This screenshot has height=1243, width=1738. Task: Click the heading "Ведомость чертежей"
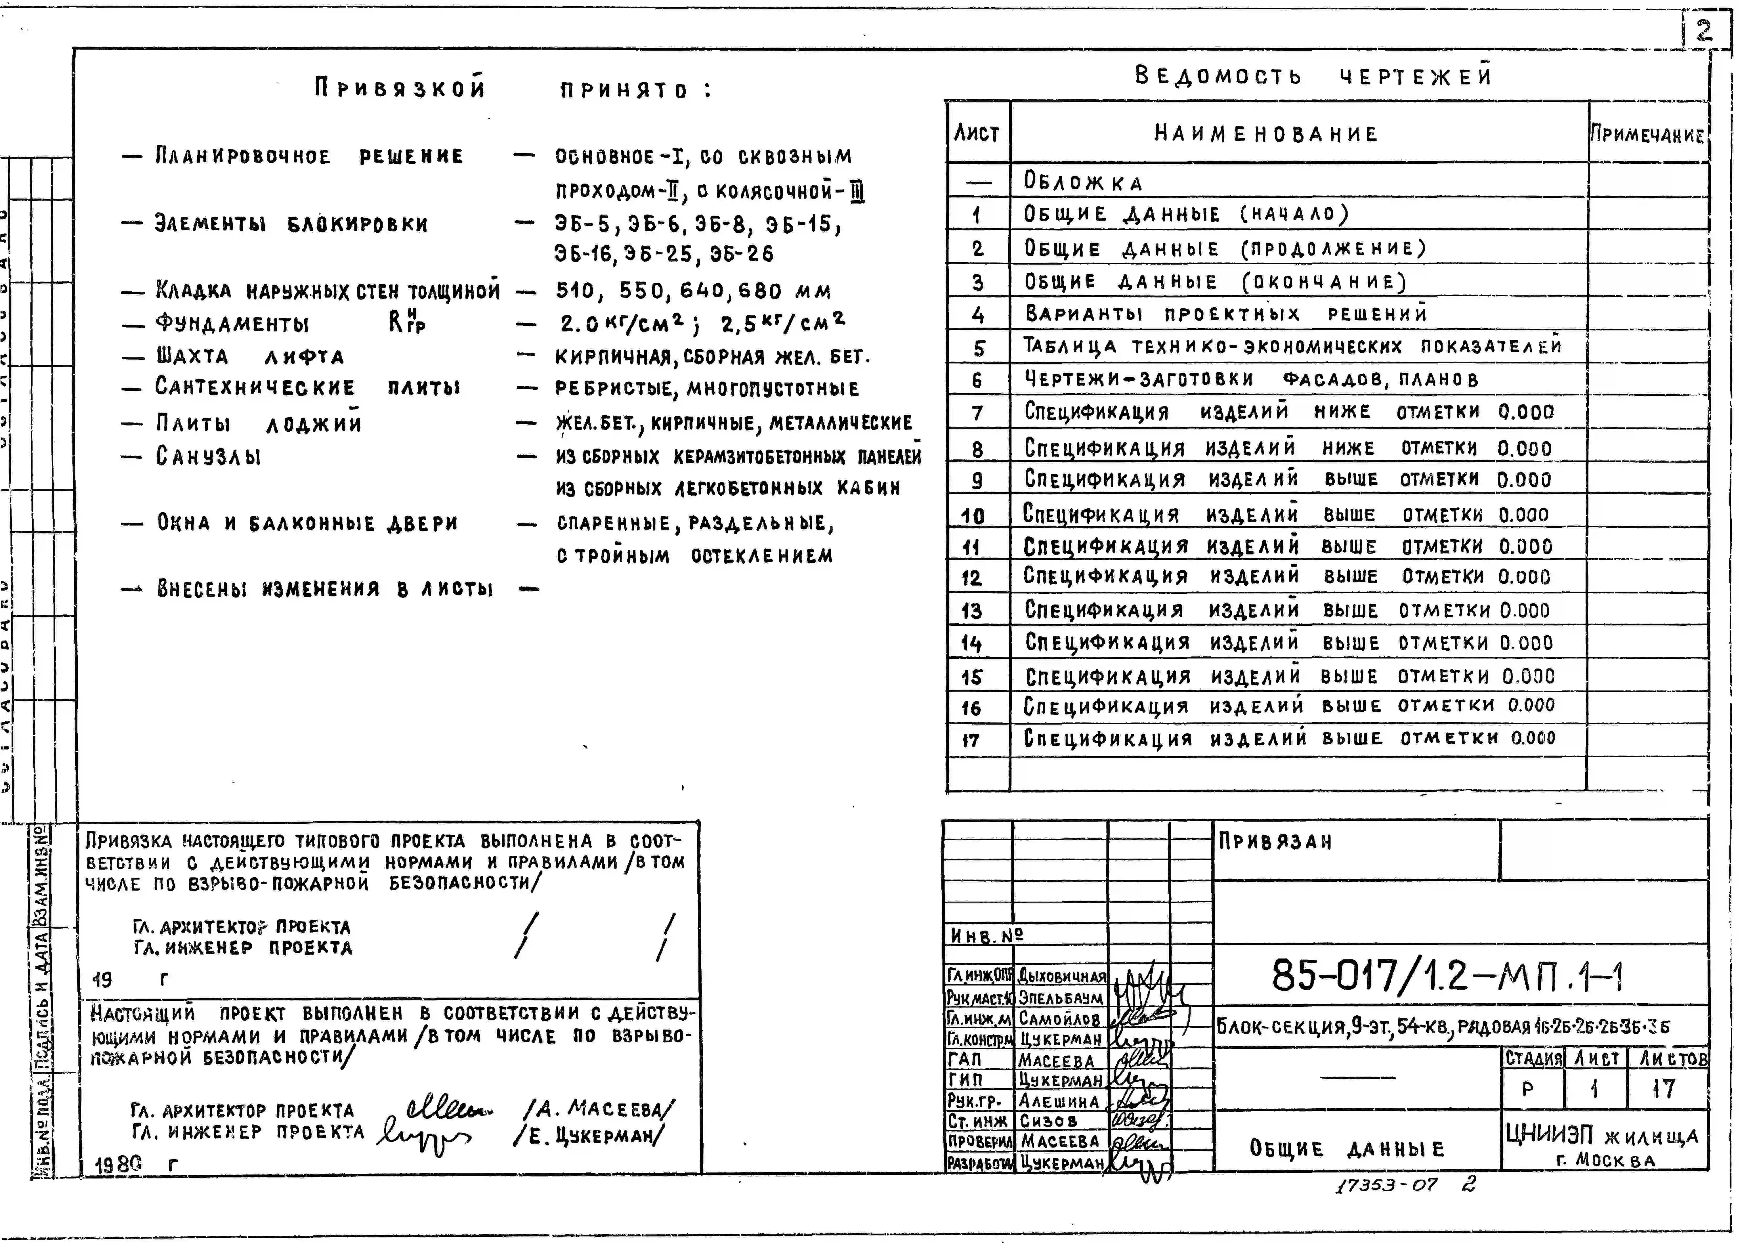click(1313, 76)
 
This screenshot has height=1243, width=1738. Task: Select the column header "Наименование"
click(1266, 134)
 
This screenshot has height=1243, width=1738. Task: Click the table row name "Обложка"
click(1083, 182)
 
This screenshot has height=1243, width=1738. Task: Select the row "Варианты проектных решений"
click(1225, 314)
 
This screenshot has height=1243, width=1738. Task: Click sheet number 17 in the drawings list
click(971, 740)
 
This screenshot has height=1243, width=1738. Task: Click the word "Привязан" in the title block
click(1275, 842)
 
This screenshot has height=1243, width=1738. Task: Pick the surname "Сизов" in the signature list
click(1047, 1121)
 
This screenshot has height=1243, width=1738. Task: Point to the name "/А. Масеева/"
click(599, 1108)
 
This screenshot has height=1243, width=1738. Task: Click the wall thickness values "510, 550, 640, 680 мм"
click(693, 291)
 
